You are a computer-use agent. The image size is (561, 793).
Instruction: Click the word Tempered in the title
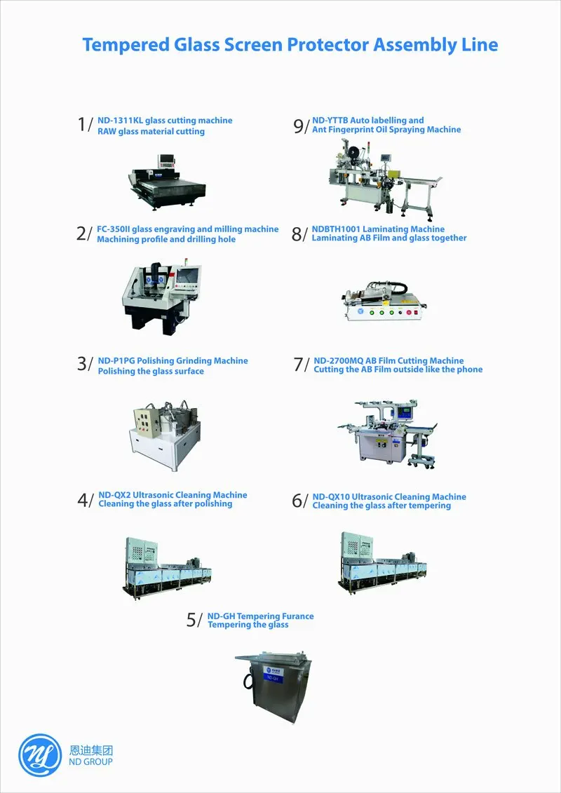pyautogui.click(x=126, y=46)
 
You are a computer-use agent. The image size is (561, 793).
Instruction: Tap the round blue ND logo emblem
pyautogui.click(x=40, y=755)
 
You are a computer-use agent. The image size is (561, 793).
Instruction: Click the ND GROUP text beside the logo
pyautogui.click(x=91, y=761)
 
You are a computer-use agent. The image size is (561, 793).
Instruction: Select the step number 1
pyautogui.click(x=81, y=124)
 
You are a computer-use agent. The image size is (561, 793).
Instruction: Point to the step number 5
pyautogui.click(x=191, y=620)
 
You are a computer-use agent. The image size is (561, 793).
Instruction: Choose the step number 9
pyautogui.click(x=299, y=126)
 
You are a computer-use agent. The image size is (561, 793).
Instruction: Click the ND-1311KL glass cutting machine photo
pyautogui.click(x=167, y=181)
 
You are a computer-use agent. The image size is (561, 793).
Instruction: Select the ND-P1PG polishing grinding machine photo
pyautogui.click(x=165, y=436)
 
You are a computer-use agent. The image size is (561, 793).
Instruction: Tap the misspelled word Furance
pyautogui.click(x=295, y=616)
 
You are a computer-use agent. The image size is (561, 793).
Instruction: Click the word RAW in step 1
pyautogui.click(x=107, y=132)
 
